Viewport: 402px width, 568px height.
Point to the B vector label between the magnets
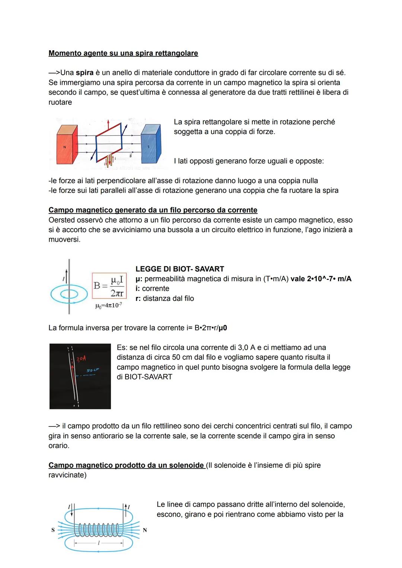click(x=130, y=156)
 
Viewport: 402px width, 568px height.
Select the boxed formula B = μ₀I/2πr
click(x=109, y=286)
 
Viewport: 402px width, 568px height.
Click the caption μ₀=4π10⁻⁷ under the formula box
click(x=108, y=306)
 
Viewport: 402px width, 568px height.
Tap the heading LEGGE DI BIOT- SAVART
click(x=179, y=269)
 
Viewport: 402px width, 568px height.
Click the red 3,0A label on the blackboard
click(x=81, y=359)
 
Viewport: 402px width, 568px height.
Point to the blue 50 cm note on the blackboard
click(x=92, y=370)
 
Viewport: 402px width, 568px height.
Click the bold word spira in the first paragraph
click(x=84, y=73)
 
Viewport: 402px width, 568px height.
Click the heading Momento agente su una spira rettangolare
click(x=123, y=53)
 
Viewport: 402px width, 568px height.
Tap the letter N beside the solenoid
click(x=145, y=530)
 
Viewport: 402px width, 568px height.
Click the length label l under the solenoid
click(x=98, y=543)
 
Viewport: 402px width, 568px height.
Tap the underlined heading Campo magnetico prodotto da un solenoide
click(x=126, y=465)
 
